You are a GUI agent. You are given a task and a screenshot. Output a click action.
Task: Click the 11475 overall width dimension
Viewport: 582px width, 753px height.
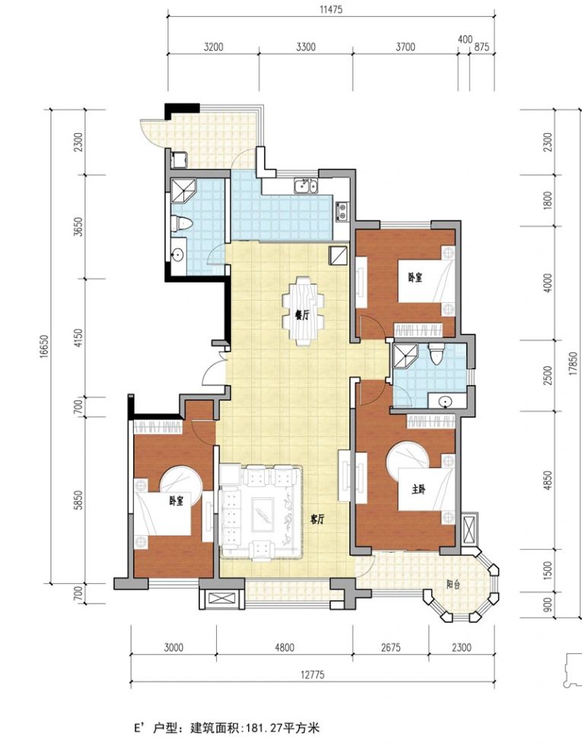tap(331, 9)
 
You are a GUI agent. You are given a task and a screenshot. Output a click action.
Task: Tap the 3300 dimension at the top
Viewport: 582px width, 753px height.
tap(306, 47)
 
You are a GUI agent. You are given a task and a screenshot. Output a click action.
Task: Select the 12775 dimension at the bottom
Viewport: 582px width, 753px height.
tap(313, 675)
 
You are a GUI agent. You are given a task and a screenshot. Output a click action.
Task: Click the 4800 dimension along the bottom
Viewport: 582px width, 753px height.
tap(284, 647)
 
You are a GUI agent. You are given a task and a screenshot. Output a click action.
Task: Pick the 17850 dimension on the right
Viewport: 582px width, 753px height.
tap(574, 365)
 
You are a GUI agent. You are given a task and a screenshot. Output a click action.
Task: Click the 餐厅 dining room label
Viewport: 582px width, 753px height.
tap(301, 315)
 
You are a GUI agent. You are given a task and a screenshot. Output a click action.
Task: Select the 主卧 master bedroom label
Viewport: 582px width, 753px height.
tap(418, 490)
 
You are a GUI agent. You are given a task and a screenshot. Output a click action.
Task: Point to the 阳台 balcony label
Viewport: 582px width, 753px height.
tap(453, 585)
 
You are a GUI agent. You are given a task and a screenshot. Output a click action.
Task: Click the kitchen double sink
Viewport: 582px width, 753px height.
tap(306, 185)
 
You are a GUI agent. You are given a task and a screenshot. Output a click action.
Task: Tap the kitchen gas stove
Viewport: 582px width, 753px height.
tap(342, 212)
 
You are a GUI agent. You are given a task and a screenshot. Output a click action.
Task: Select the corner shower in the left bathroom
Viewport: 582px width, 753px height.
tap(184, 192)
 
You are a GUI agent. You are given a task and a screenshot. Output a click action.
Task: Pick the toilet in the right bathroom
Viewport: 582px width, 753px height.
tap(437, 354)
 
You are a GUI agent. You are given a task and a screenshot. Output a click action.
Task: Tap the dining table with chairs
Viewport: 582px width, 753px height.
tap(303, 311)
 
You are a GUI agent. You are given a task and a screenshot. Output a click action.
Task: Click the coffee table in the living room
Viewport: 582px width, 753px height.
tap(263, 514)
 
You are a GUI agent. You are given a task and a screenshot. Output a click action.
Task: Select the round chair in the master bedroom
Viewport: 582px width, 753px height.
tap(408, 460)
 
